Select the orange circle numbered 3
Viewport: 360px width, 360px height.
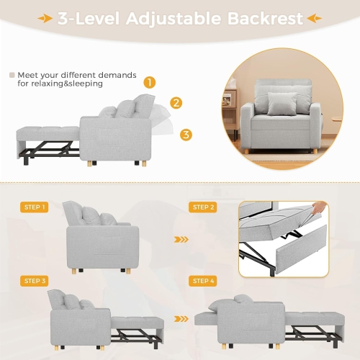pyautogui.click(x=186, y=134)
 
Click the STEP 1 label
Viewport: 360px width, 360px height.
pyautogui.click(x=35, y=207)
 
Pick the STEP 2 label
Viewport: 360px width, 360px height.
pyautogui.click(x=202, y=207)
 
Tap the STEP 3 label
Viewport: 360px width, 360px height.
pyautogui.click(x=35, y=281)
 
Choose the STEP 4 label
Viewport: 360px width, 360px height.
pyautogui.click(x=202, y=281)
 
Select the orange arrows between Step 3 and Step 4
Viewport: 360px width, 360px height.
pyautogui.click(x=182, y=314)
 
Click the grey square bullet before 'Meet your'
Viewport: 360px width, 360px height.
pyautogui.click(x=12, y=74)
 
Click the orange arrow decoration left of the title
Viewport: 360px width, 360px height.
pyautogui.click(x=44, y=19)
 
